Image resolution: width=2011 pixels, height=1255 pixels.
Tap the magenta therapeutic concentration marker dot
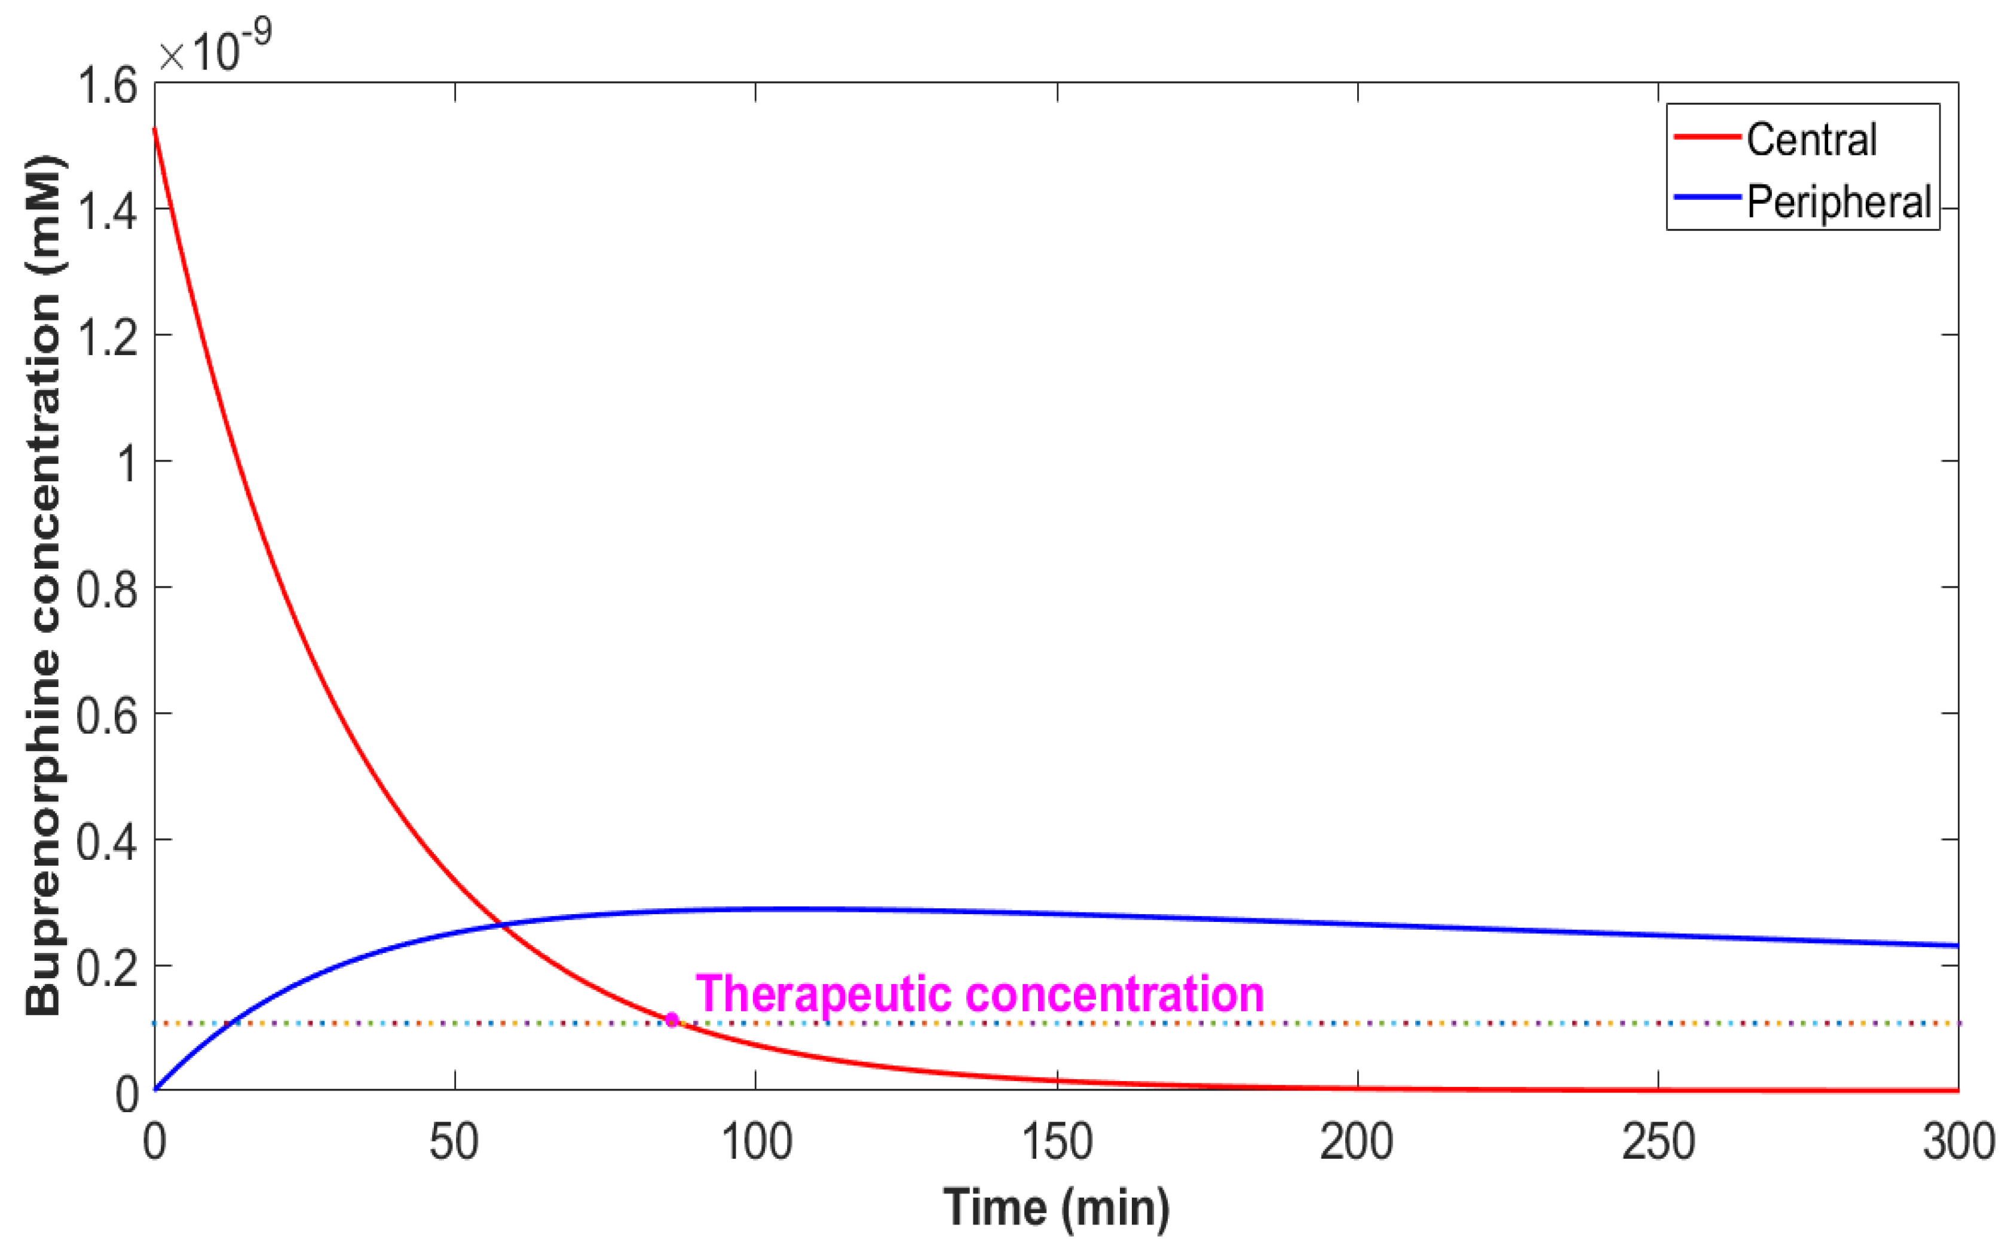pos(672,1019)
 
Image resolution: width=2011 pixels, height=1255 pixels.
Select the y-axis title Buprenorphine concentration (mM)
pos(43,585)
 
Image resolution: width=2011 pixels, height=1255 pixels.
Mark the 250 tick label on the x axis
pos(1658,1142)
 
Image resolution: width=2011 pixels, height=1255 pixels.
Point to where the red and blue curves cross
pos(501,924)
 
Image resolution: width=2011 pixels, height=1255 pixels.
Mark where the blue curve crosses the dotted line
pos(233,1022)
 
